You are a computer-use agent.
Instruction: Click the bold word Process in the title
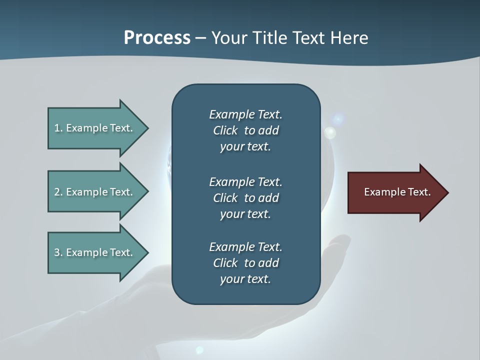(x=157, y=38)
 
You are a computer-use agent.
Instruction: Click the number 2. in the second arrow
(x=58, y=192)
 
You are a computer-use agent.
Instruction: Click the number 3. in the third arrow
(x=58, y=252)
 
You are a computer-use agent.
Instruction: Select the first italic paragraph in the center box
(x=245, y=130)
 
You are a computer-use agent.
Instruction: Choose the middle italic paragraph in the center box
(x=245, y=197)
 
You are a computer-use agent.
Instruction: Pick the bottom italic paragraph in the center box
(x=245, y=263)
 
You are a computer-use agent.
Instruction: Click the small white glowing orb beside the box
(x=330, y=132)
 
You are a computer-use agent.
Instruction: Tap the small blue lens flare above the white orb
(x=338, y=119)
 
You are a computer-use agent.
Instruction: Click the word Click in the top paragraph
(x=225, y=130)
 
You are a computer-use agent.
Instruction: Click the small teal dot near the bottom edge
(x=199, y=350)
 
